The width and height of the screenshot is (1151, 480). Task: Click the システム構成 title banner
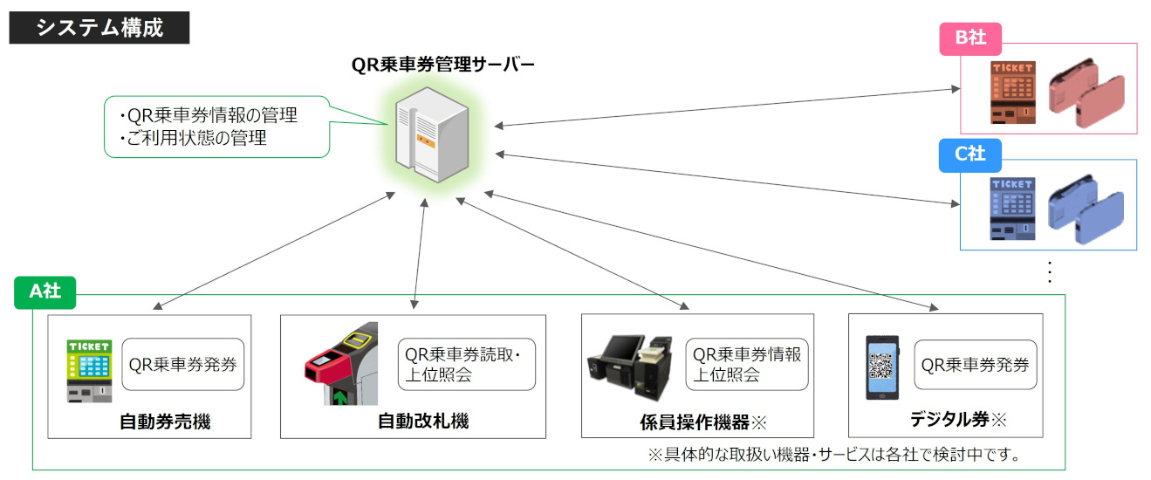[99, 27]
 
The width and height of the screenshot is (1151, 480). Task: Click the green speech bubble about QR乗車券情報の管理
[217, 127]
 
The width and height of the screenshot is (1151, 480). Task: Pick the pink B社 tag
[969, 38]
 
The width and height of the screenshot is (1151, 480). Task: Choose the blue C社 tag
[969, 154]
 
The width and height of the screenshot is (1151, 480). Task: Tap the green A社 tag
[45, 291]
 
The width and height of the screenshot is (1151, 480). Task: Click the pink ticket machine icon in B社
[1012, 93]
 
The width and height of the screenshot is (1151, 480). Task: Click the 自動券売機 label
[165, 422]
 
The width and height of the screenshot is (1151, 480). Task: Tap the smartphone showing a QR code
[881, 367]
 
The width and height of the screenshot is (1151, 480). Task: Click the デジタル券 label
[957, 420]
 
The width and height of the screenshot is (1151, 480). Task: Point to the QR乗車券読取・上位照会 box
[465, 365]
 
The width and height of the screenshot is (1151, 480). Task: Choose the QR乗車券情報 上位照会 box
[747, 365]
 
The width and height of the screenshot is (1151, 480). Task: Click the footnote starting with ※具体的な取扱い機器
[833, 455]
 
